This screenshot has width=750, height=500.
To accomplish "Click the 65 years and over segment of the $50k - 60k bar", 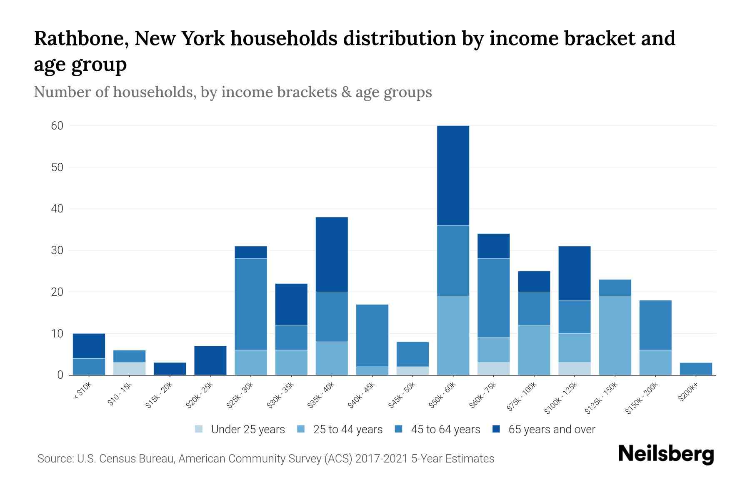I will (x=453, y=175).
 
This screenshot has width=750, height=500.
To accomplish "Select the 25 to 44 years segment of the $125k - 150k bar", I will (x=615, y=335).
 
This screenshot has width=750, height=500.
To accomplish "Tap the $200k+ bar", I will (x=696, y=369).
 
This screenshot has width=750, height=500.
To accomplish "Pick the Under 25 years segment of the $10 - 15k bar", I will (x=129, y=369).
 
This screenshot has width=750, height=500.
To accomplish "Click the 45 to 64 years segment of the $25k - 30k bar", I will (x=251, y=304).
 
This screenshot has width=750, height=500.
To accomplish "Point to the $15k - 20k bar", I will (x=170, y=369).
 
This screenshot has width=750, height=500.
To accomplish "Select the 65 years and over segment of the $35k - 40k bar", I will (x=332, y=254).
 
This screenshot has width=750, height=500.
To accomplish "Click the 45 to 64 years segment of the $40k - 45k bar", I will (x=372, y=335).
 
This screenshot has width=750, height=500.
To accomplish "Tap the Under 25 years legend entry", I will (x=240, y=430).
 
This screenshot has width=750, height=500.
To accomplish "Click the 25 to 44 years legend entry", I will (x=340, y=430).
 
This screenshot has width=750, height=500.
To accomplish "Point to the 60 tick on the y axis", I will (x=57, y=126).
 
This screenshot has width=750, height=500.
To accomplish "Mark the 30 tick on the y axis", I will (x=57, y=250).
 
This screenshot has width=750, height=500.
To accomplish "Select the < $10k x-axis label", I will (x=82, y=391).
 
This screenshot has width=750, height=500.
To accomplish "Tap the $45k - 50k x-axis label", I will (x=401, y=395).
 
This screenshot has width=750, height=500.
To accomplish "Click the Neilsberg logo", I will (x=666, y=454).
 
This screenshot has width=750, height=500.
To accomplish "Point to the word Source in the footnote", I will (x=55, y=459).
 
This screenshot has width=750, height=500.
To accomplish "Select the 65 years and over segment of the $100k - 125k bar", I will (x=575, y=273).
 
